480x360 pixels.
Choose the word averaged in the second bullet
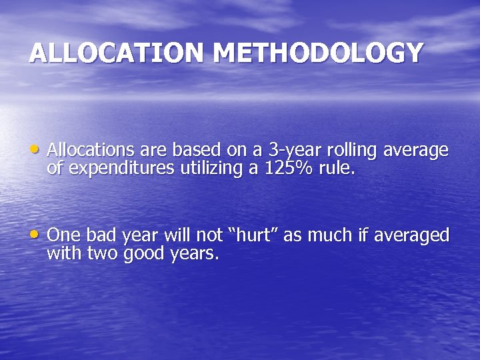point(411,235)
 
